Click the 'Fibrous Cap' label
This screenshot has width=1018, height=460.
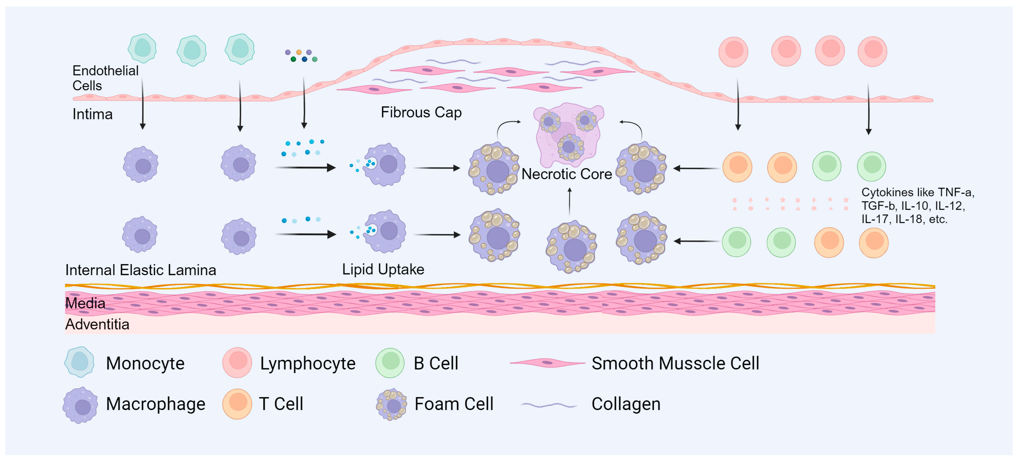tap(421, 113)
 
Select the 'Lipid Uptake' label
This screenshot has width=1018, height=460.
tap(383, 269)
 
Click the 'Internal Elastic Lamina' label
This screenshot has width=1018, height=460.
tap(140, 270)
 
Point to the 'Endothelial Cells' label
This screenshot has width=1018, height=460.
tap(105, 78)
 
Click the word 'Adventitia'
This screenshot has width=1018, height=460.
tap(97, 324)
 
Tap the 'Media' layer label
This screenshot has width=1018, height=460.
tap(85, 303)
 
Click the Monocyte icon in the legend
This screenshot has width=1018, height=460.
tap(79, 362)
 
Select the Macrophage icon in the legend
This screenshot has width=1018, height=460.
tap(81, 406)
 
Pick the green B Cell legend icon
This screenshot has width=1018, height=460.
tap(390, 362)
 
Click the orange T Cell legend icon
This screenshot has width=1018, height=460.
tap(237, 404)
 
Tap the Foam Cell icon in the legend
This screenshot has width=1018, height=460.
tap(391, 405)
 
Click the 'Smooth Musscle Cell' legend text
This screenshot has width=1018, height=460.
tap(675, 363)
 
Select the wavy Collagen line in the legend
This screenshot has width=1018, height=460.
tap(549, 405)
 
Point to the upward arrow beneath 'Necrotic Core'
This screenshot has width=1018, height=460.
tap(569, 201)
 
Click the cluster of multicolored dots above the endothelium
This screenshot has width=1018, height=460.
tap(301, 56)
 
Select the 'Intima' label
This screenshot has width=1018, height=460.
tap(92, 114)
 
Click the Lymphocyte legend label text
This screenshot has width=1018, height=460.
tap(308, 363)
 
